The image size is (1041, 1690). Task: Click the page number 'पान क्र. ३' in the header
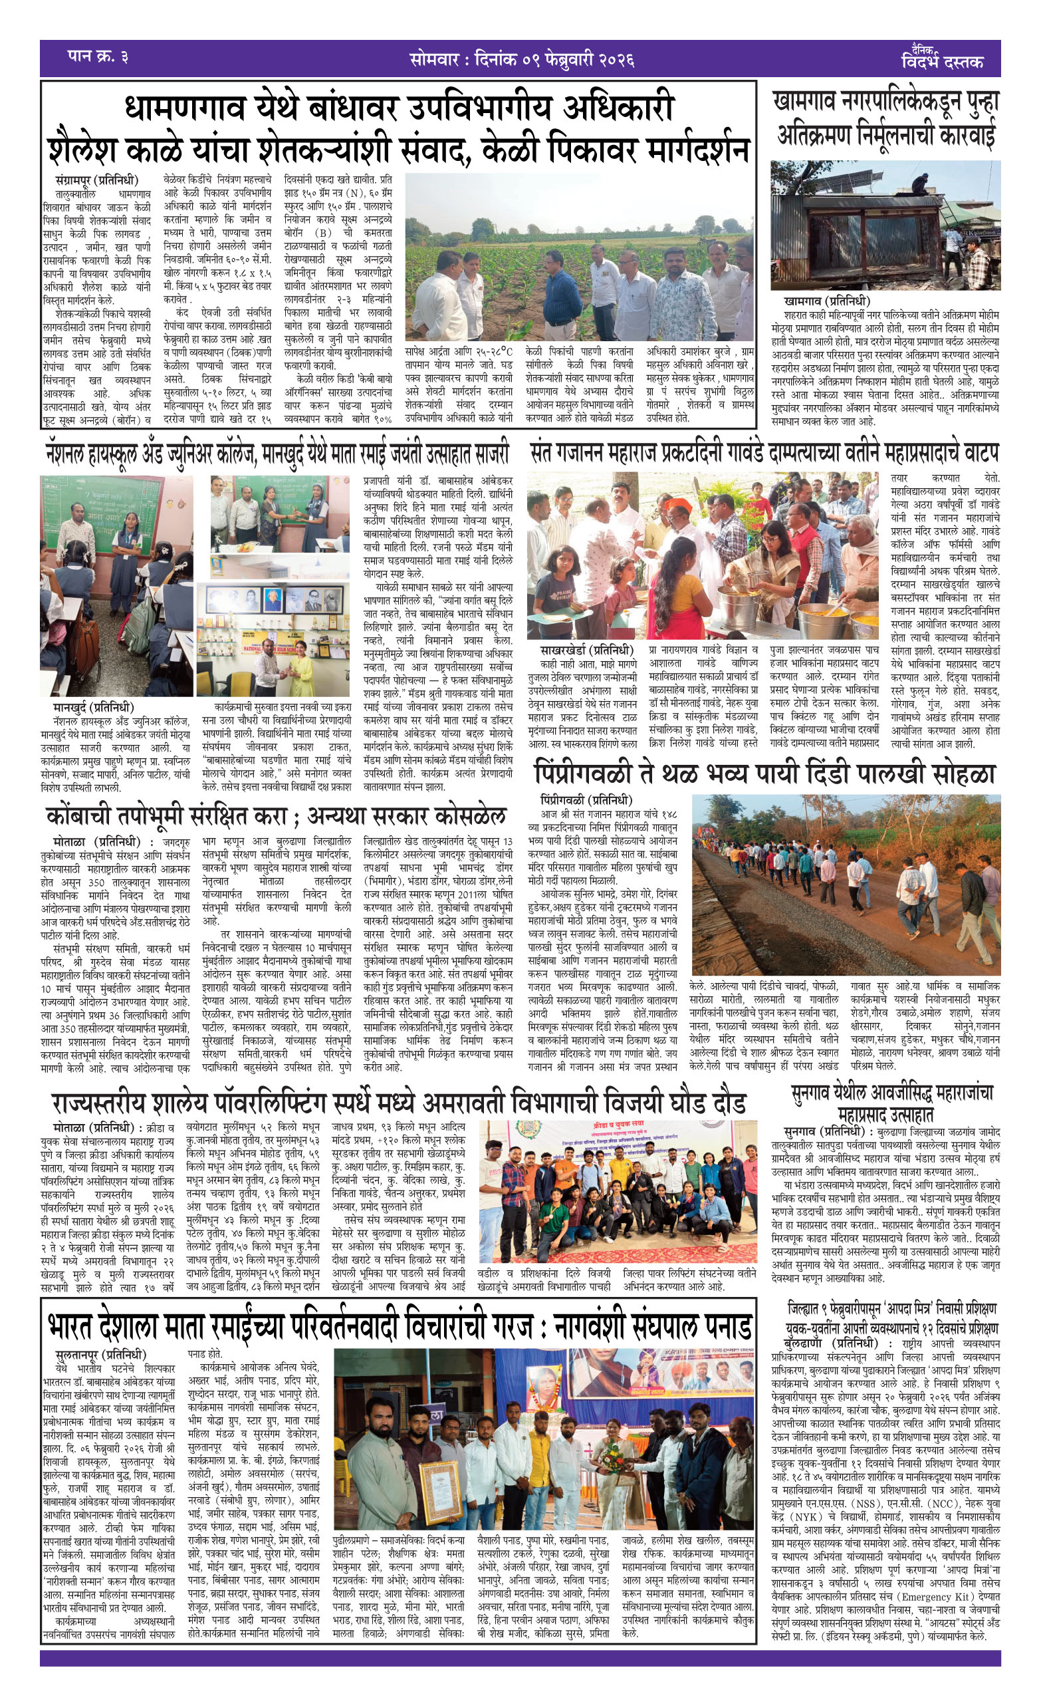point(98,57)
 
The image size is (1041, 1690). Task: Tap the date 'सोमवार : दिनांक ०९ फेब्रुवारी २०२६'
point(520,59)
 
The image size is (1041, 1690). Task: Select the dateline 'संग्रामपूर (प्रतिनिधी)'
point(96,180)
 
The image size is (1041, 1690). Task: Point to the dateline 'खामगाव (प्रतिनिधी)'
point(826,301)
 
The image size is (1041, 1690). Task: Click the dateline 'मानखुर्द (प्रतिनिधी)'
point(94,707)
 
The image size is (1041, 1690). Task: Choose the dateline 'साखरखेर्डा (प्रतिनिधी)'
point(586,650)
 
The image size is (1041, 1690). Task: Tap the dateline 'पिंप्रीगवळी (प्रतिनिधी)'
point(586,800)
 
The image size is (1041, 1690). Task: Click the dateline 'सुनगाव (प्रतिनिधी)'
point(824,1131)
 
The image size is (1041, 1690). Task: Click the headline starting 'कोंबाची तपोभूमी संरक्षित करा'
point(275,817)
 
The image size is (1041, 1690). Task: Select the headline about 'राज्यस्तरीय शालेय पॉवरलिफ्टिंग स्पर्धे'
point(400,1103)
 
